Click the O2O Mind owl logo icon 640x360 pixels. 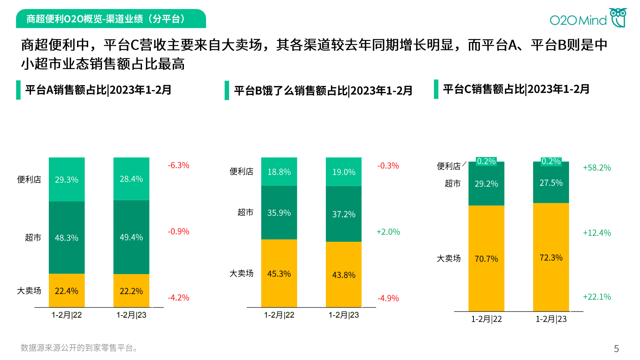pyautogui.click(x=618, y=17)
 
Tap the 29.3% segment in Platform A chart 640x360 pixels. pyautogui.click(x=67, y=180)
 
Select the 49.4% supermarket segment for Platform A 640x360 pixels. pyautogui.click(x=131, y=237)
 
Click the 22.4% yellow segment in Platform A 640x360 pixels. pyautogui.click(x=67, y=291)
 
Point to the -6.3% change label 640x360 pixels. pyautogui.click(x=178, y=165)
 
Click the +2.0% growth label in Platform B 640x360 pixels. pyautogui.click(x=388, y=232)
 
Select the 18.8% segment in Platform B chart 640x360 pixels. pyautogui.click(x=279, y=172)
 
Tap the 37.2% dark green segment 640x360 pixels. pyautogui.click(x=344, y=214)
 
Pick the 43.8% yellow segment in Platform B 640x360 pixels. pyautogui.click(x=344, y=275)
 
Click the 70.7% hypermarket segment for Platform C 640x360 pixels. pyautogui.click(x=486, y=259)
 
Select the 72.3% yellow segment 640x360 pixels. pyautogui.click(x=551, y=257)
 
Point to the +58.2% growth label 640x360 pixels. pyautogui.click(x=597, y=168)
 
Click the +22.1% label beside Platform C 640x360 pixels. pyautogui.click(x=597, y=297)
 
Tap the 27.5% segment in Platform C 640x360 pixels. pyautogui.click(x=551, y=183)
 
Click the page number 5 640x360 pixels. pyautogui.click(x=616, y=349)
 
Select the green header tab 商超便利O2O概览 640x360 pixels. pyautogui.click(x=111, y=19)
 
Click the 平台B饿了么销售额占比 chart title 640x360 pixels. pyautogui.click(x=323, y=91)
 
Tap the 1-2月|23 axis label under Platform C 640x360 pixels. pyautogui.click(x=551, y=319)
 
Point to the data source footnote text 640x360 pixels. pyautogui.click(x=79, y=348)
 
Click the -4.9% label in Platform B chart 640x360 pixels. pyautogui.click(x=388, y=299)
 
